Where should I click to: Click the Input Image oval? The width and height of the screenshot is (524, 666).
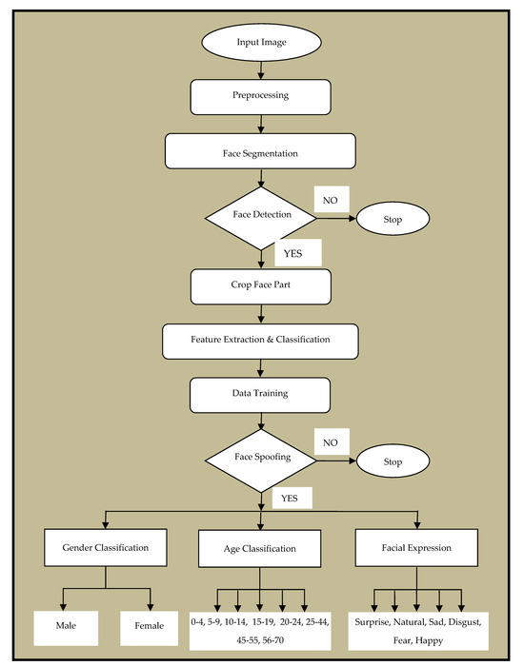[x=260, y=44]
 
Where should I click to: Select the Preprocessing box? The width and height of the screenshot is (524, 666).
[x=260, y=96]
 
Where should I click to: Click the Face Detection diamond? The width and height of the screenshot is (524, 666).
[x=260, y=216]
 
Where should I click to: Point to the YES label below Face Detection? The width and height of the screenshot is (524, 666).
[x=297, y=253]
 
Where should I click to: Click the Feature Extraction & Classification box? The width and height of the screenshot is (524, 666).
[x=260, y=338]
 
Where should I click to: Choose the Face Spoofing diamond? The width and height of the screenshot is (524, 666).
[x=260, y=456]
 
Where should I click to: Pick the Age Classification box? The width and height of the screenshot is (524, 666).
[x=260, y=548]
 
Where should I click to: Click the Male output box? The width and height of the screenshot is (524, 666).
[x=64, y=625]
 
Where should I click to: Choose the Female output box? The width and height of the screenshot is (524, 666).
[x=151, y=625]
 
